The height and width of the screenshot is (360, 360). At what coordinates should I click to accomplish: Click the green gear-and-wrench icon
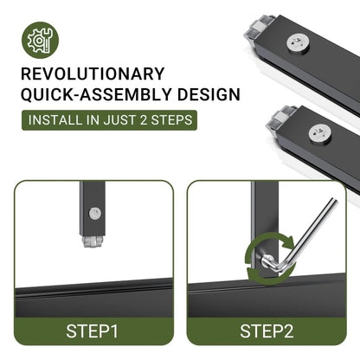tap(40, 40)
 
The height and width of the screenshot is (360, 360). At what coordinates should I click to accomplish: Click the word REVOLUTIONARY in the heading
tap(93, 74)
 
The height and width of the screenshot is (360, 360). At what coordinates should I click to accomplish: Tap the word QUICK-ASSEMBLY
tap(95, 94)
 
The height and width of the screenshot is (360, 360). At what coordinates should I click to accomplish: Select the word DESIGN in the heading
tap(209, 94)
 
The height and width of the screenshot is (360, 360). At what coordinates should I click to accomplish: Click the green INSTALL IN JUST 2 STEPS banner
tap(109, 120)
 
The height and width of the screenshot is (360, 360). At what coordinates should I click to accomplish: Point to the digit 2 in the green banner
tap(144, 120)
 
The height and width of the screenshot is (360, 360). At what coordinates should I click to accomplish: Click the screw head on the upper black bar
tap(298, 44)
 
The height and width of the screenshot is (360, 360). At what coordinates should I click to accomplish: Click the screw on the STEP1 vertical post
tap(94, 214)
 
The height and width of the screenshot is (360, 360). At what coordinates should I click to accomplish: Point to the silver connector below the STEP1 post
tap(93, 241)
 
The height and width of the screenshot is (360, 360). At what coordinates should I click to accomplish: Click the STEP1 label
tap(92, 331)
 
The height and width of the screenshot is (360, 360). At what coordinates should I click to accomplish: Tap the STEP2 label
tap(267, 331)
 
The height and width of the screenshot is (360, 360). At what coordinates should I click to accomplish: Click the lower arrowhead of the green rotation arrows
tap(253, 272)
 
